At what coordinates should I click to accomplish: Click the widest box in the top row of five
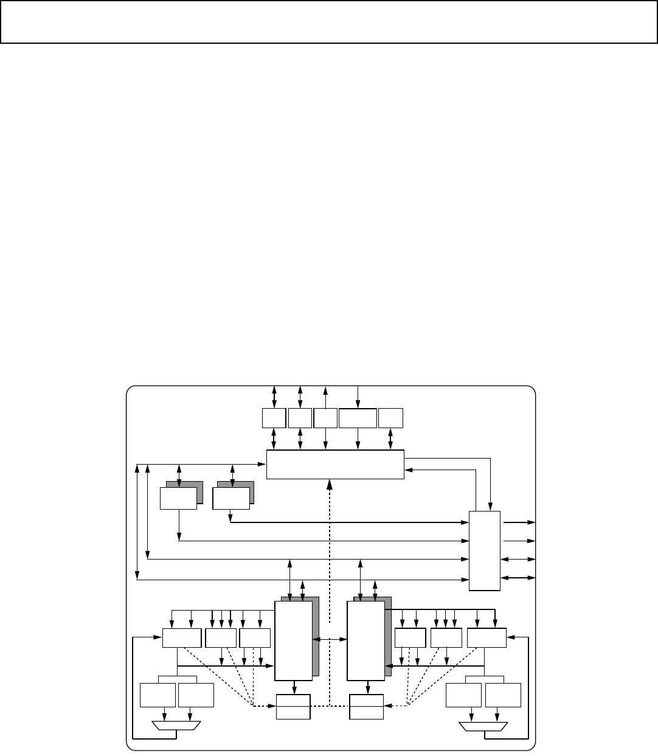coord(358,418)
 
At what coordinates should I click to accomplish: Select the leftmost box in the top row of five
coord(274,418)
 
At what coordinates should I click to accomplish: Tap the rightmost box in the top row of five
coord(390,418)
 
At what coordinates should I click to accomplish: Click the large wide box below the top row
coord(335,465)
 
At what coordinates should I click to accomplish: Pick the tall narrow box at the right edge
coord(485,550)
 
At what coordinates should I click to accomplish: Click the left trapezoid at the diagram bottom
coord(176,726)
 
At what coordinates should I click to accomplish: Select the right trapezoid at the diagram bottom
coord(483,726)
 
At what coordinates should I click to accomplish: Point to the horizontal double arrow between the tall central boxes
coord(329,640)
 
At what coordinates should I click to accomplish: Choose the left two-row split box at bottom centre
coord(294,706)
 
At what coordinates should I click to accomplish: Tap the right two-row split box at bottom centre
coord(367,706)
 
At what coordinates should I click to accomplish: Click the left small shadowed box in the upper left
coord(178,498)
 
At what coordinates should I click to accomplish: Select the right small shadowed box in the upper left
coord(231,498)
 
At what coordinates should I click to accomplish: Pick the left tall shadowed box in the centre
coord(294,640)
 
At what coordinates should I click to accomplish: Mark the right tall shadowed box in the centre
coord(365,640)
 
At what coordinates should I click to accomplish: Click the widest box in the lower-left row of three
coord(182,638)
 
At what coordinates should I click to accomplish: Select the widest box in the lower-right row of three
coord(487,638)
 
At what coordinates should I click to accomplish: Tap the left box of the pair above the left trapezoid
coord(158,695)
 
